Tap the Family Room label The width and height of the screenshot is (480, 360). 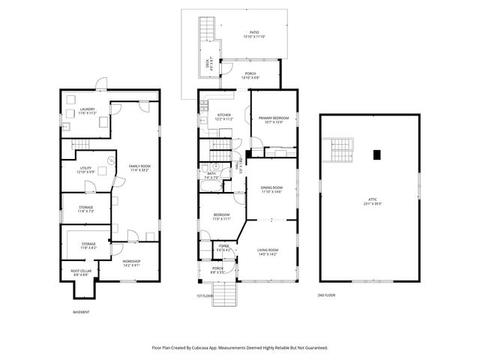click(139, 167)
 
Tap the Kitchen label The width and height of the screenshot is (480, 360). click(224, 117)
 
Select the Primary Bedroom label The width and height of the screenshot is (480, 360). click(274, 119)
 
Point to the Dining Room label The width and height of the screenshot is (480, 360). click(271, 189)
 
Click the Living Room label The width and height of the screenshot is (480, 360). click(268, 252)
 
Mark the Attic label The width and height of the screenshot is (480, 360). click(373, 202)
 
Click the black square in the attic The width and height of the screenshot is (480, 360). click(378, 155)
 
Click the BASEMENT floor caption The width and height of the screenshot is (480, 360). click(81, 312)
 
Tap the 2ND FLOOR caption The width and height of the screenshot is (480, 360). click(326, 295)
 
